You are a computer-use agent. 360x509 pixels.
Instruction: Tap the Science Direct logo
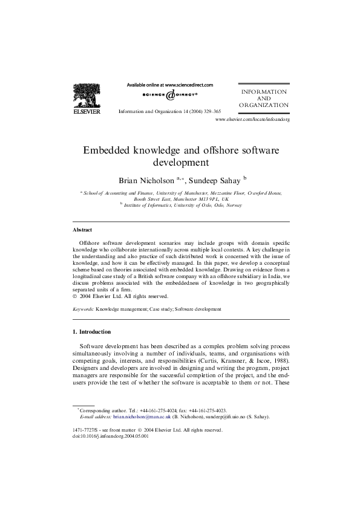coord(170,95)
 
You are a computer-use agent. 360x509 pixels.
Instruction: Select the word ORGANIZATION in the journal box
coord(264,105)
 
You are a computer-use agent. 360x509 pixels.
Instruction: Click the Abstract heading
coord(82,230)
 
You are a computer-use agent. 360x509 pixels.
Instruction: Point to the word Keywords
coord(83,308)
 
